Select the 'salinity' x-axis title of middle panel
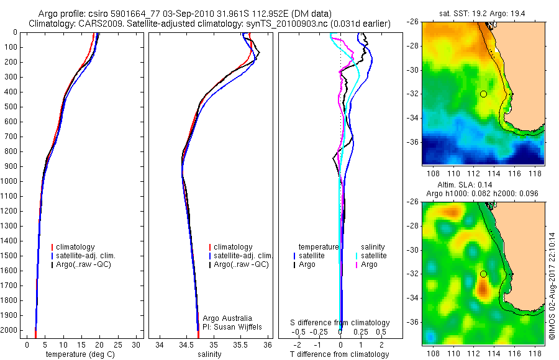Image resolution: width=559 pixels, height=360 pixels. [209, 354]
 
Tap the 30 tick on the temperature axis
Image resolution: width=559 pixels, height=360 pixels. [137, 344]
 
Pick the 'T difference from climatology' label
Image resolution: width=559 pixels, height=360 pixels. [340, 354]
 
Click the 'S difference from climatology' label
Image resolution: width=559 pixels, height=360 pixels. [340, 323]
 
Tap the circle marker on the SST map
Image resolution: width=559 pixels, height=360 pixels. [483, 94]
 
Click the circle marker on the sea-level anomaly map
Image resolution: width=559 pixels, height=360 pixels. [483, 274]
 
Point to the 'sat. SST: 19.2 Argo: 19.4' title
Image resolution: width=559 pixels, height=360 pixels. [483, 12]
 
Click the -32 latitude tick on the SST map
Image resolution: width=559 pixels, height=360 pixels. [414, 94]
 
